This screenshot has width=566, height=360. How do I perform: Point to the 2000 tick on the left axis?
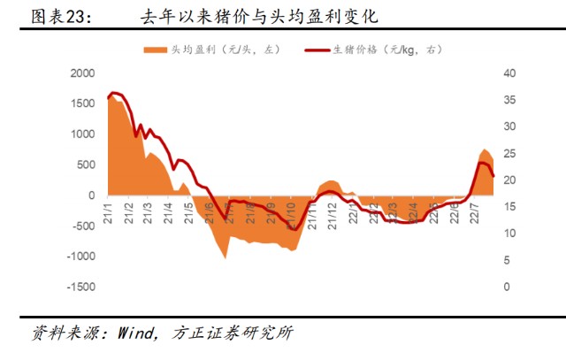(x=81, y=73)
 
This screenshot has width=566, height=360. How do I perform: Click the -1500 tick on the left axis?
(x=80, y=287)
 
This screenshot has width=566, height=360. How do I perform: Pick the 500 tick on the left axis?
(x=85, y=165)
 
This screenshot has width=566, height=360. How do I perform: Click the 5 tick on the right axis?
(x=507, y=261)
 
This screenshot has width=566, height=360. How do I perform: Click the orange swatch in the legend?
(x=156, y=52)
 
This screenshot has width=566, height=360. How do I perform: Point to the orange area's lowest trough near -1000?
(x=225, y=257)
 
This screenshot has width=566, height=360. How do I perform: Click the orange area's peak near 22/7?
(x=485, y=149)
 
